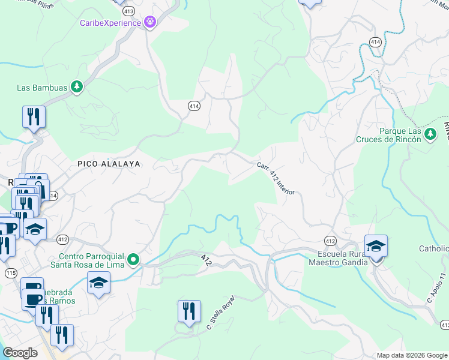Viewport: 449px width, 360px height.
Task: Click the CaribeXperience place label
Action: (110, 23)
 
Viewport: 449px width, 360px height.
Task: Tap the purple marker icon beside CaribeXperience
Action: (150, 23)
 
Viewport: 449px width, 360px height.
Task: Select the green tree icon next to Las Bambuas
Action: (76, 88)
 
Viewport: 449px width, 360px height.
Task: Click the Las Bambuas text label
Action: (41, 88)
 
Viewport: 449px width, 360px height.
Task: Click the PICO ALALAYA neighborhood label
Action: (109, 163)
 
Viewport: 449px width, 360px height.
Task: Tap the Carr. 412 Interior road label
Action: (276, 178)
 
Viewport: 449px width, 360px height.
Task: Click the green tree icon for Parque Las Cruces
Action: (430, 133)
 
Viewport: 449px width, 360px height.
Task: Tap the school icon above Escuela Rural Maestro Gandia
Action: (376, 246)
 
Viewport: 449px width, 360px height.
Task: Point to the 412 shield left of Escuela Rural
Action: (330, 240)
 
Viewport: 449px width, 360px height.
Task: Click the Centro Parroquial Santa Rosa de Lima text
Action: (95, 259)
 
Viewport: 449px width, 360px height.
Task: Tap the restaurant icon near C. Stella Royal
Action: (189, 311)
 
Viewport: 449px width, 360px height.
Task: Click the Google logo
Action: (20, 353)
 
